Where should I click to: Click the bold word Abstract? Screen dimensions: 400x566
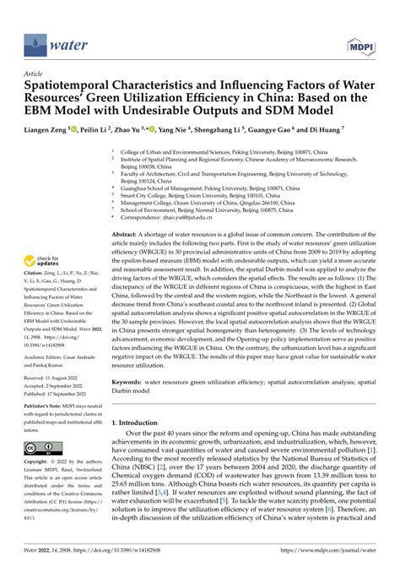click(x=125, y=231)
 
